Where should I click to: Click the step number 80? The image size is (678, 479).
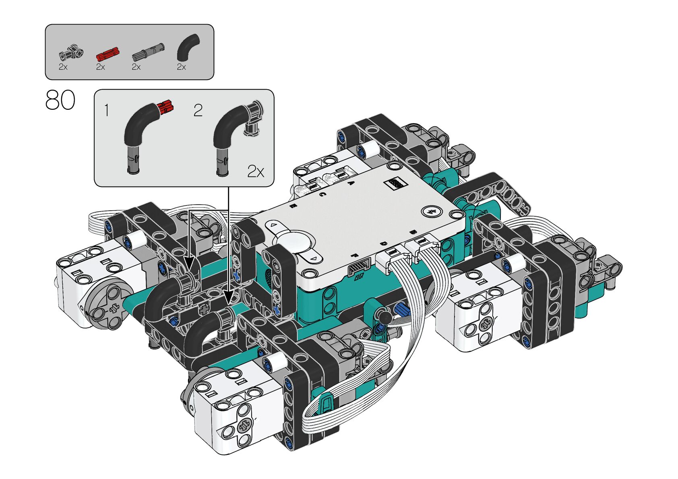click(x=60, y=100)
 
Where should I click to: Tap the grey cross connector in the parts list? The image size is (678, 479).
click(x=71, y=53)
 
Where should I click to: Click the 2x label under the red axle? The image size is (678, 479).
click(x=101, y=67)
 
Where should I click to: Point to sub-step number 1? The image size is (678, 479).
click(x=106, y=110)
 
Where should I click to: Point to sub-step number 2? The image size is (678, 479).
click(x=198, y=110)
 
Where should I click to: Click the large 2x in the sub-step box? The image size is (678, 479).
click(x=256, y=171)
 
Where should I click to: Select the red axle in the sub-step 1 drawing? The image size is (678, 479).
click(x=165, y=108)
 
